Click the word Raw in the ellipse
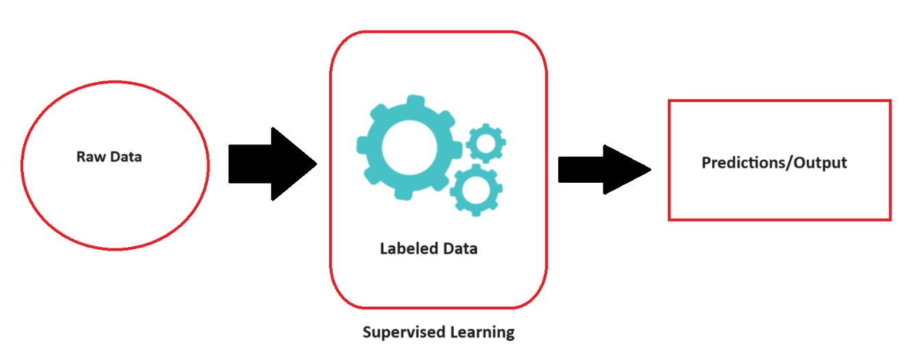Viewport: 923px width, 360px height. tap(91, 157)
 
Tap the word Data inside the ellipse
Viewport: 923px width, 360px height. tap(126, 157)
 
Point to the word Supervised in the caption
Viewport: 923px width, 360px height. tap(404, 333)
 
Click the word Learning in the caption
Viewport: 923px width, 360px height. tap(482, 333)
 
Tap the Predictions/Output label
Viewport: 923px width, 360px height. tap(775, 163)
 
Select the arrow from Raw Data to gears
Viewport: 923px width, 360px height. tap(273, 164)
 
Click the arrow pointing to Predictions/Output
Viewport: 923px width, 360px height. tap(604, 170)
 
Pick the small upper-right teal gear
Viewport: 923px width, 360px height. tap(486, 144)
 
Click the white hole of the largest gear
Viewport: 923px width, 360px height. tap(409, 148)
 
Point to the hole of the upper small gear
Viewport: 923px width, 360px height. tap(486, 144)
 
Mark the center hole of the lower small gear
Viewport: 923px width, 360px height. tap(476, 190)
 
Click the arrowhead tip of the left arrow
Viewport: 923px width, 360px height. tap(317, 164)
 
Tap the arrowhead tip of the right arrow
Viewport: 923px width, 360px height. tap(651, 170)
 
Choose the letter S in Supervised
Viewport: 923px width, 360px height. tap(367, 331)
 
